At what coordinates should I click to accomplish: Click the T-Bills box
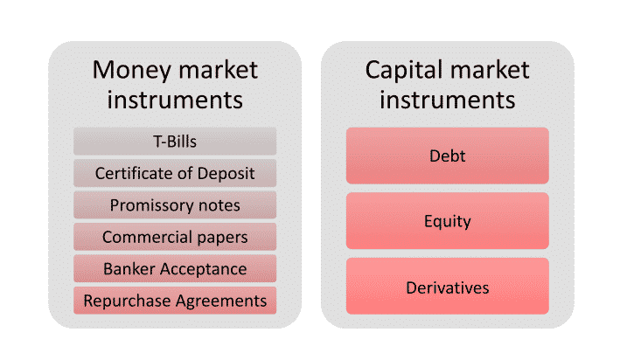[175, 141]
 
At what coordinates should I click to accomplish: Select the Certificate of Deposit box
[175, 173]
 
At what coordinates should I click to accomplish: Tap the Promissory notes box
[175, 204]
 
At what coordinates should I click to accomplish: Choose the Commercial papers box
[175, 237]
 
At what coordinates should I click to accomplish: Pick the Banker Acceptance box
[175, 269]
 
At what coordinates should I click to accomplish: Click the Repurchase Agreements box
[175, 301]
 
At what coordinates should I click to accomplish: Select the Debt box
[448, 156]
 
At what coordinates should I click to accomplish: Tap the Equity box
[448, 221]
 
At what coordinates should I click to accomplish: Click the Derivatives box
[448, 286]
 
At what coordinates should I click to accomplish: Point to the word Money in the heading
[132, 71]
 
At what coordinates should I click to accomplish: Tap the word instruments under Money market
[175, 100]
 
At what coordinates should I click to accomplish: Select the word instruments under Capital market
[448, 100]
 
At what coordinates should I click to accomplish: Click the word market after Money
[219, 71]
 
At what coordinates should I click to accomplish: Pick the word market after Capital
[490, 71]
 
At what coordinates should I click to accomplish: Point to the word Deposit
[226, 174]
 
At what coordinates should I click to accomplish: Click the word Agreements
[221, 301]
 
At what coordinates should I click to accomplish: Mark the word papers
[222, 238]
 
